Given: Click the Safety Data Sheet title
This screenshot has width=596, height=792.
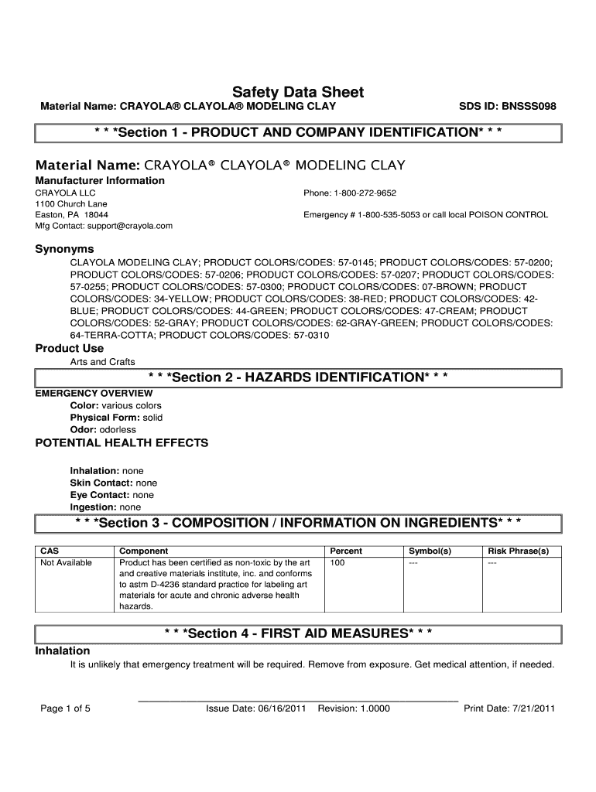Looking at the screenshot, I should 298,92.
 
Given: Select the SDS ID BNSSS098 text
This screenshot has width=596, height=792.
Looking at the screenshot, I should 507,106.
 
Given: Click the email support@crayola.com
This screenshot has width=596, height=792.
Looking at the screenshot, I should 125,226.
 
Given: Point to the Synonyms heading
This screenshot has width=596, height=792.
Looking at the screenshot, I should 65,249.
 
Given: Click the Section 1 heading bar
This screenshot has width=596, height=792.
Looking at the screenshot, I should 298,132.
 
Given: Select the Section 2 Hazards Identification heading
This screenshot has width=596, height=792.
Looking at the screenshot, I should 298,377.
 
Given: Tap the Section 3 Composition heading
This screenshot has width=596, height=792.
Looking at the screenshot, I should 298,524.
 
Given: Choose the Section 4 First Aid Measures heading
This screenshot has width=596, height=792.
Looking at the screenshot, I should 298,633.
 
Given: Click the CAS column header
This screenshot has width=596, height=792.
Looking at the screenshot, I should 50,551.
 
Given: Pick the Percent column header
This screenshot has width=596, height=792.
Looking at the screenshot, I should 346,551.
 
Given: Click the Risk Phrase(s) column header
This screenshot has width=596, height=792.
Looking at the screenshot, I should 518,551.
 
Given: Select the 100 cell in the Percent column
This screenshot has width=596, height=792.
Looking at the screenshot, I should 337,562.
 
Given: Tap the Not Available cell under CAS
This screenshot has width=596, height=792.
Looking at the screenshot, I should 66,562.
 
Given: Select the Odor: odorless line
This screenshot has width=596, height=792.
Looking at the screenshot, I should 103,429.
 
